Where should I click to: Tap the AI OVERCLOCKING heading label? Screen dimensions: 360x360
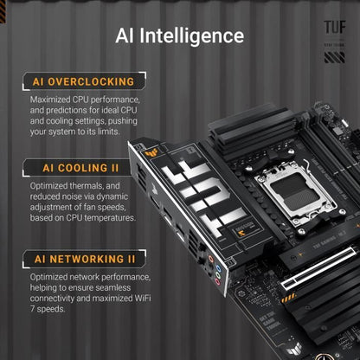coord(83,81)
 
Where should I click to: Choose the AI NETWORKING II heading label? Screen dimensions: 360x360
coord(83,258)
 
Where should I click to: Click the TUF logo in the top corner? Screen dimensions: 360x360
coord(334,27)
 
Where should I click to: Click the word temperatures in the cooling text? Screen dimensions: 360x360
coord(112,218)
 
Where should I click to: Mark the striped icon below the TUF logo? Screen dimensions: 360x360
coord(334,58)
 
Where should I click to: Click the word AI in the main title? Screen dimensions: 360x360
coord(126,35)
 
